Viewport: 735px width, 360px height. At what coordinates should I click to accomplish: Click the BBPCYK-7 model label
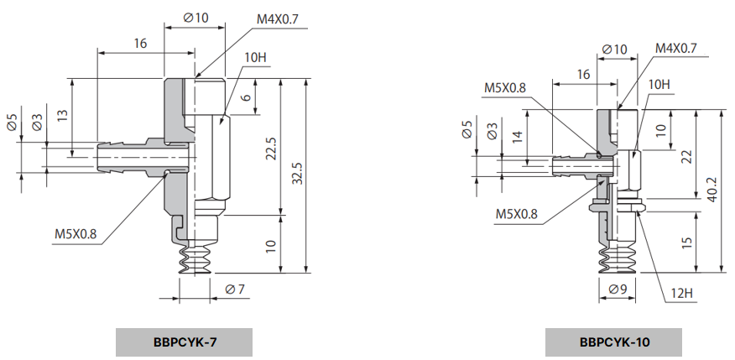183,342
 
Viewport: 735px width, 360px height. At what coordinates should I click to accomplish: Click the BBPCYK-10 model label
613,342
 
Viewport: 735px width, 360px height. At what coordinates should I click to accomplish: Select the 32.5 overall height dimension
296,174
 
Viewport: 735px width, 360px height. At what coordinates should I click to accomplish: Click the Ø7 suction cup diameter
235,290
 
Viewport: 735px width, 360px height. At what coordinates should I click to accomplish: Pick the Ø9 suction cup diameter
618,290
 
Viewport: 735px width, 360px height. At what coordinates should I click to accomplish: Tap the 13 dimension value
62,117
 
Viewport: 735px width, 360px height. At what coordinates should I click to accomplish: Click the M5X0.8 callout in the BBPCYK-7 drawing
76,233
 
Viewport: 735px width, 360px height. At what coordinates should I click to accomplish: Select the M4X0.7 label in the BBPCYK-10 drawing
675,49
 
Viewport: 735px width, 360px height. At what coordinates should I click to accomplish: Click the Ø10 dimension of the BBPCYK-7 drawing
195,18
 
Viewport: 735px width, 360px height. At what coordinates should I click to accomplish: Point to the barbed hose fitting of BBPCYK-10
572,165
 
